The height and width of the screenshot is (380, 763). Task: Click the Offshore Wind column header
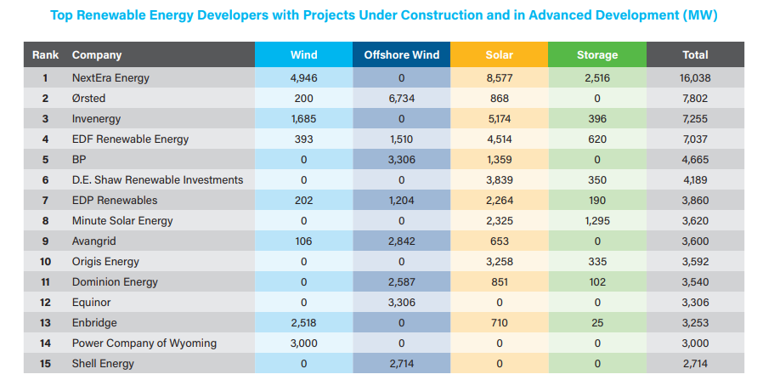401,54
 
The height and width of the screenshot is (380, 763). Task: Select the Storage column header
596,54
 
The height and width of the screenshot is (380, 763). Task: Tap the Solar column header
499,54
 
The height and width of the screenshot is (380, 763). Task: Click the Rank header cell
45,54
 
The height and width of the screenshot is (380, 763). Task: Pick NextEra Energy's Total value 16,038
695,78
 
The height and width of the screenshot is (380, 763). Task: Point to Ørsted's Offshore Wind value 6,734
401,99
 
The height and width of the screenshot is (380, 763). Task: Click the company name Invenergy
96,119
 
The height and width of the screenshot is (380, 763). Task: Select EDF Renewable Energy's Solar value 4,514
499,139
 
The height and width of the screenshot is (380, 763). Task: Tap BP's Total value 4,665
695,160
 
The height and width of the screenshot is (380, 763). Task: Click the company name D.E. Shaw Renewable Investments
157,180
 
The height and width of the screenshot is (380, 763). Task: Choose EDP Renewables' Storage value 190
596,201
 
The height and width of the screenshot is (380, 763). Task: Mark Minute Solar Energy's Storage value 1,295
596,221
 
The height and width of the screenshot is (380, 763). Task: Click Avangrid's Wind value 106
303,241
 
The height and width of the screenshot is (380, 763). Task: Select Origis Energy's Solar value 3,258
499,262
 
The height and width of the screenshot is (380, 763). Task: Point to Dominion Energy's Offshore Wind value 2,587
401,282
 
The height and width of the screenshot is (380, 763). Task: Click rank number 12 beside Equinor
45,303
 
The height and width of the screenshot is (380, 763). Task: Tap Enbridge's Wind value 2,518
303,323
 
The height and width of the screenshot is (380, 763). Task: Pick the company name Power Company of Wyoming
144,343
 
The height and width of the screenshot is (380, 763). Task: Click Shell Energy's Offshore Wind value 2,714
401,364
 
